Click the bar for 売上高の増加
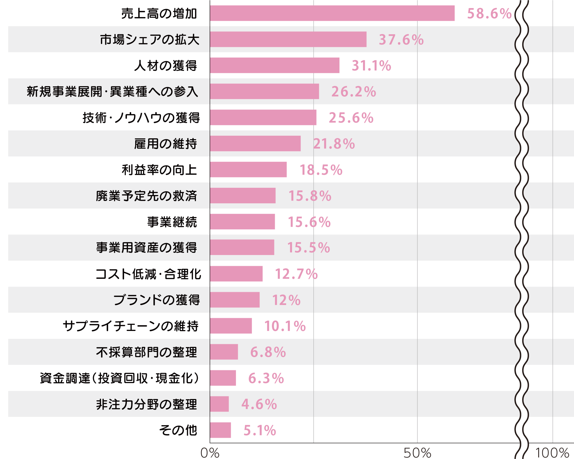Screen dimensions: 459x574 point(332,13)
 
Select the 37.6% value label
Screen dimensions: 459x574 point(401,40)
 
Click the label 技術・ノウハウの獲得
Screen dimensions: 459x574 point(141,118)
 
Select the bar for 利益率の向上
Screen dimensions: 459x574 point(248,170)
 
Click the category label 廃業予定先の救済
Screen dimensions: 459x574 point(146,196)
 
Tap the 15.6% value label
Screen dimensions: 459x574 point(309,222)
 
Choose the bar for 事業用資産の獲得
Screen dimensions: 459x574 point(242,248)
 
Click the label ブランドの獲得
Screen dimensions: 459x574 point(157,300)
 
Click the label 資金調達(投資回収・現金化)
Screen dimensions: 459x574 point(119,378)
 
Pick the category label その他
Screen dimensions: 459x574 point(178,430)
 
